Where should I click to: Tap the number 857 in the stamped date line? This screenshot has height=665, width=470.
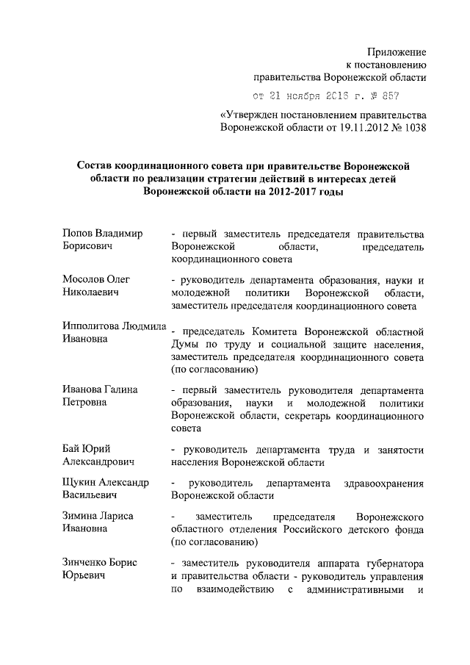389,96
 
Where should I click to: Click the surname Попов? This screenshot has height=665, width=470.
78,233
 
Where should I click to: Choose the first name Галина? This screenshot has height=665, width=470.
120,389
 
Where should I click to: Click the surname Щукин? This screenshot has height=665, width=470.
80,483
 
